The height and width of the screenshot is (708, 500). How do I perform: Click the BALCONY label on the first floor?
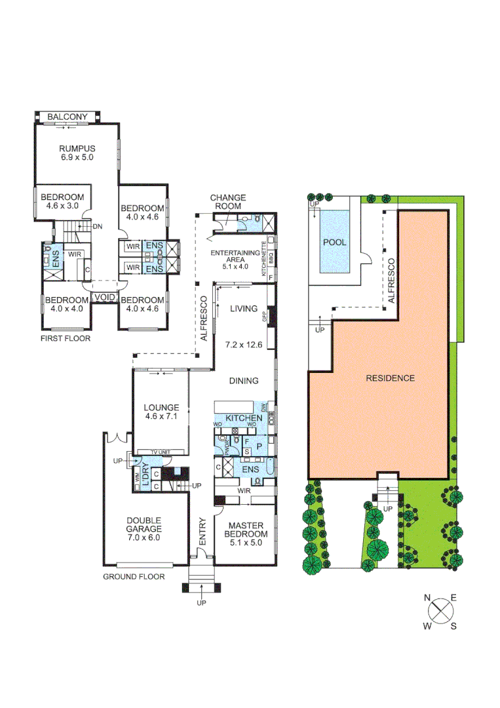pos(66,117)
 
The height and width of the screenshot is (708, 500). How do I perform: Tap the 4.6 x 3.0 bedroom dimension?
pos(62,206)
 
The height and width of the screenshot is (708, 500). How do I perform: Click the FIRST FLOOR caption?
pos(65,339)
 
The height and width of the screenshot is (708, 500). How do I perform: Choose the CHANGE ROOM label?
pos(228,202)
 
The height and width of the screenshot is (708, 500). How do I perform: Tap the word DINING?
pos(243,380)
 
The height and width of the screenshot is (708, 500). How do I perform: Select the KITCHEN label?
pos(244,418)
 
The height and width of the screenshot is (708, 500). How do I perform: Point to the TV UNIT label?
pos(161,453)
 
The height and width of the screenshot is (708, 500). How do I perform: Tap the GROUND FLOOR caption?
pos(134,577)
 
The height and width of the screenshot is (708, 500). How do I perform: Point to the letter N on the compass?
pos(427,598)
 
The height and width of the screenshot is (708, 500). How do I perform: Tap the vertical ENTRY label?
pos(202,532)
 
